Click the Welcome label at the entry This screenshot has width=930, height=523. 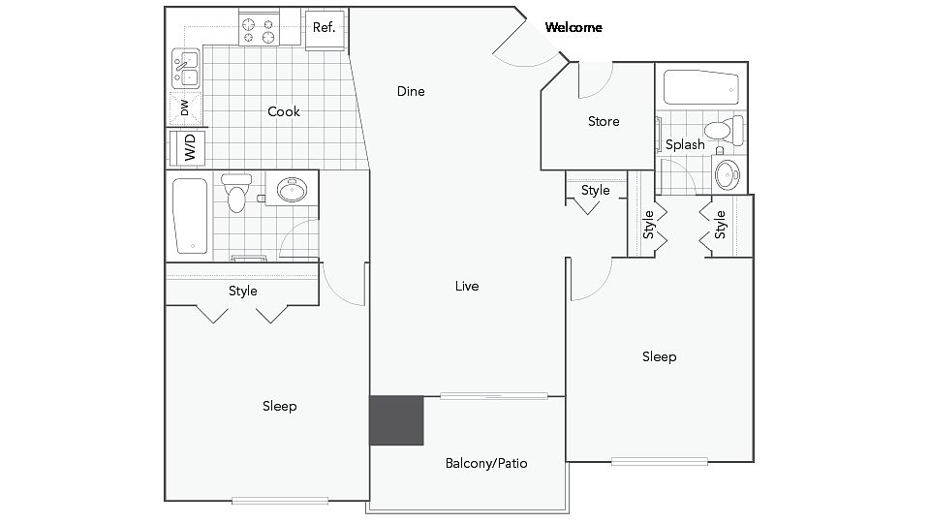click(x=573, y=27)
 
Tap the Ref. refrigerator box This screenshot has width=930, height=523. click(x=325, y=30)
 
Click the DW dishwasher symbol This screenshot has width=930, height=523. click(x=186, y=108)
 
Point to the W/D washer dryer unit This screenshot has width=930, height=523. click(x=187, y=147)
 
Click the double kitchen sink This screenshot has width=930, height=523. click(x=186, y=68)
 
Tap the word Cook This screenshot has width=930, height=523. click(x=284, y=111)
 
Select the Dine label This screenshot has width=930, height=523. click(x=411, y=91)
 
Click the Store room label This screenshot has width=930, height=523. click(x=604, y=122)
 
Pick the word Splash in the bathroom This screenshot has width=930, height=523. click(x=685, y=144)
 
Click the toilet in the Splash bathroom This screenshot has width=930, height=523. click(x=724, y=129)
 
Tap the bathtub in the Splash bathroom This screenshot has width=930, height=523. click(x=701, y=88)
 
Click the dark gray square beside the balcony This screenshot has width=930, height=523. click(x=396, y=420)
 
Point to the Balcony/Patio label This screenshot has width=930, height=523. click(x=486, y=463)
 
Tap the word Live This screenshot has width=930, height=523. click(x=467, y=286)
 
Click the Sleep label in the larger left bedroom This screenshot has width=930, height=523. click(x=279, y=406)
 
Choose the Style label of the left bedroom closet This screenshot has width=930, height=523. click(x=242, y=291)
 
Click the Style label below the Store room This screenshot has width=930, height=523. click(x=596, y=191)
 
